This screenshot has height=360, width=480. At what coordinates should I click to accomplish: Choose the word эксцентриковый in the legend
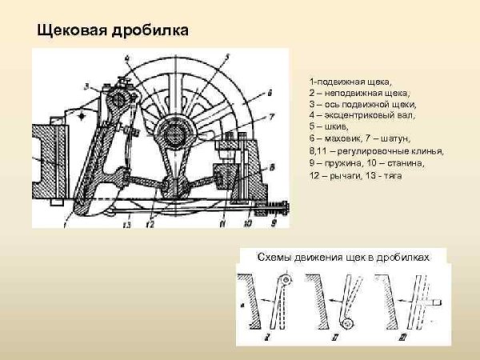[x=352, y=116]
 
